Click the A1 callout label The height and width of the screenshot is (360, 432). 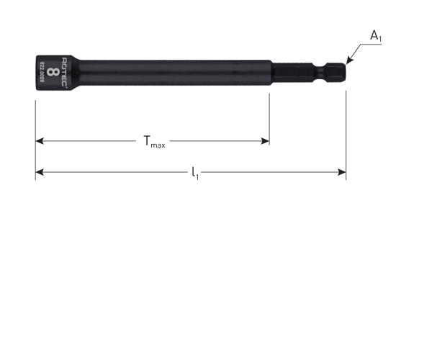pyautogui.click(x=376, y=36)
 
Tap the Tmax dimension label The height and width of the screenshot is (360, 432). pyautogui.click(x=154, y=142)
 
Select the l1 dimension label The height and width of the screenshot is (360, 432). pyautogui.click(x=195, y=174)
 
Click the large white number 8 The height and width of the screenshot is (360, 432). pyautogui.click(x=53, y=72)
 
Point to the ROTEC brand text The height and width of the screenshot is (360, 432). pyautogui.click(x=64, y=72)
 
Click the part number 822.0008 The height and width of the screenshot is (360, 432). pyautogui.click(x=42, y=72)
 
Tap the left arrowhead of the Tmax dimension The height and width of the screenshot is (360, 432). pyautogui.click(x=40, y=141)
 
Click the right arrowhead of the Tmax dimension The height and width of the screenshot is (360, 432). pyautogui.click(x=265, y=141)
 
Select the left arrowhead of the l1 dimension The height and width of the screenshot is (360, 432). pyautogui.click(x=40, y=172)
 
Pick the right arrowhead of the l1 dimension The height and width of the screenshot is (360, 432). pyautogui.click(x=341, y=172)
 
